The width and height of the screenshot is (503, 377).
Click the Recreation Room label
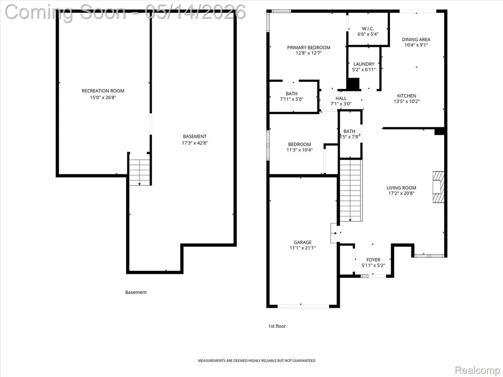(x=103, y=91)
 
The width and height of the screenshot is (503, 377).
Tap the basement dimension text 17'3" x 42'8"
(x=195, y=143)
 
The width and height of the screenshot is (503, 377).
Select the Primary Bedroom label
(x=308, y=48)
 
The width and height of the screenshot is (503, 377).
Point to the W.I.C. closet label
(x=368, y=28)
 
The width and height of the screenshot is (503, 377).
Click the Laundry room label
(x=364, y=64)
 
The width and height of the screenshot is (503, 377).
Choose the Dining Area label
(x=416, y=39)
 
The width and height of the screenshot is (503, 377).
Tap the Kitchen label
(x=407, y=96)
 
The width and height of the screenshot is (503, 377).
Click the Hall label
(x=341, y=98)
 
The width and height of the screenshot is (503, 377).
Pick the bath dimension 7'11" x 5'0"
(x=292, y=99)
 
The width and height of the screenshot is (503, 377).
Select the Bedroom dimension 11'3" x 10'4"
(x=300, y=150)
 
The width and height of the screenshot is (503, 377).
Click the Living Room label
(x=401, y=188)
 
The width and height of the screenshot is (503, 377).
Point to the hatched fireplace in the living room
(x=438, y=187)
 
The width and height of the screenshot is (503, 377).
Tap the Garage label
(x=303, y=242)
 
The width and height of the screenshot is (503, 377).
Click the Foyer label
(x=373, y=260)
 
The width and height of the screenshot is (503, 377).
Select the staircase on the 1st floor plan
(x=351, y=191)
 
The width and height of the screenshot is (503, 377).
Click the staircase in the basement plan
(x=140, y=169)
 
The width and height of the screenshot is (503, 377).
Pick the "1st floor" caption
(x=277, y=326)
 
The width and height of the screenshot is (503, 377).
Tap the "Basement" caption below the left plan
(x=136, y=293)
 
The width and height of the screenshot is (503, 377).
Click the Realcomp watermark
(x=478, y=370)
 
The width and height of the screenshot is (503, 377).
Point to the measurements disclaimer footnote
(x=256, y=361)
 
